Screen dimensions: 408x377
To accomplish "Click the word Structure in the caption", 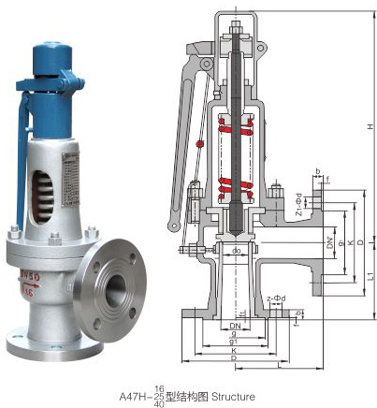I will pyautogui.click(x=232, y=396).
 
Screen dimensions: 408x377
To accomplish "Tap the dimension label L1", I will pyautogui.click(x=371, y=278).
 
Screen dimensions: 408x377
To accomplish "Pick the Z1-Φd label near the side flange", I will pyautogui.click(x=297, y=203).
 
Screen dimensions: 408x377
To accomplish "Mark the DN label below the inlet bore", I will pyautogui.click(x=234, y=322).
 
